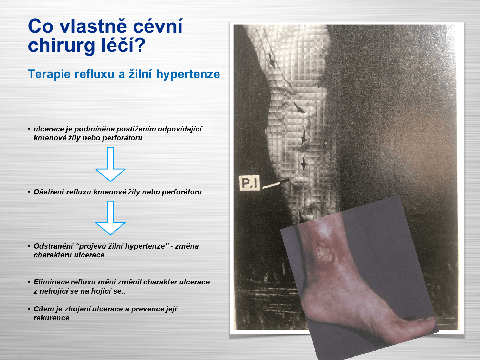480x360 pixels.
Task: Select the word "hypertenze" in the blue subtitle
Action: click(188, 74)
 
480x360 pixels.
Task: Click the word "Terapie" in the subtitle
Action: click(49, 74)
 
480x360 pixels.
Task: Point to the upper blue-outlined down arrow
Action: click(110, 165)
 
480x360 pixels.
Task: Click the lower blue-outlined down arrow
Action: click(110, 218)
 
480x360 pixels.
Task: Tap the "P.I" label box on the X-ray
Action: click(249, 182)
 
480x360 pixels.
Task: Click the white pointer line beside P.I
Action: click(276, 184)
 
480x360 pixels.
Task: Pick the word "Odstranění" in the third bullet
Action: click(53, 246)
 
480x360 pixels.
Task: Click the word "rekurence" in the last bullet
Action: click(51, 318)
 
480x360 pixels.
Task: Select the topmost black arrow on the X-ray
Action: click(271, 60)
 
